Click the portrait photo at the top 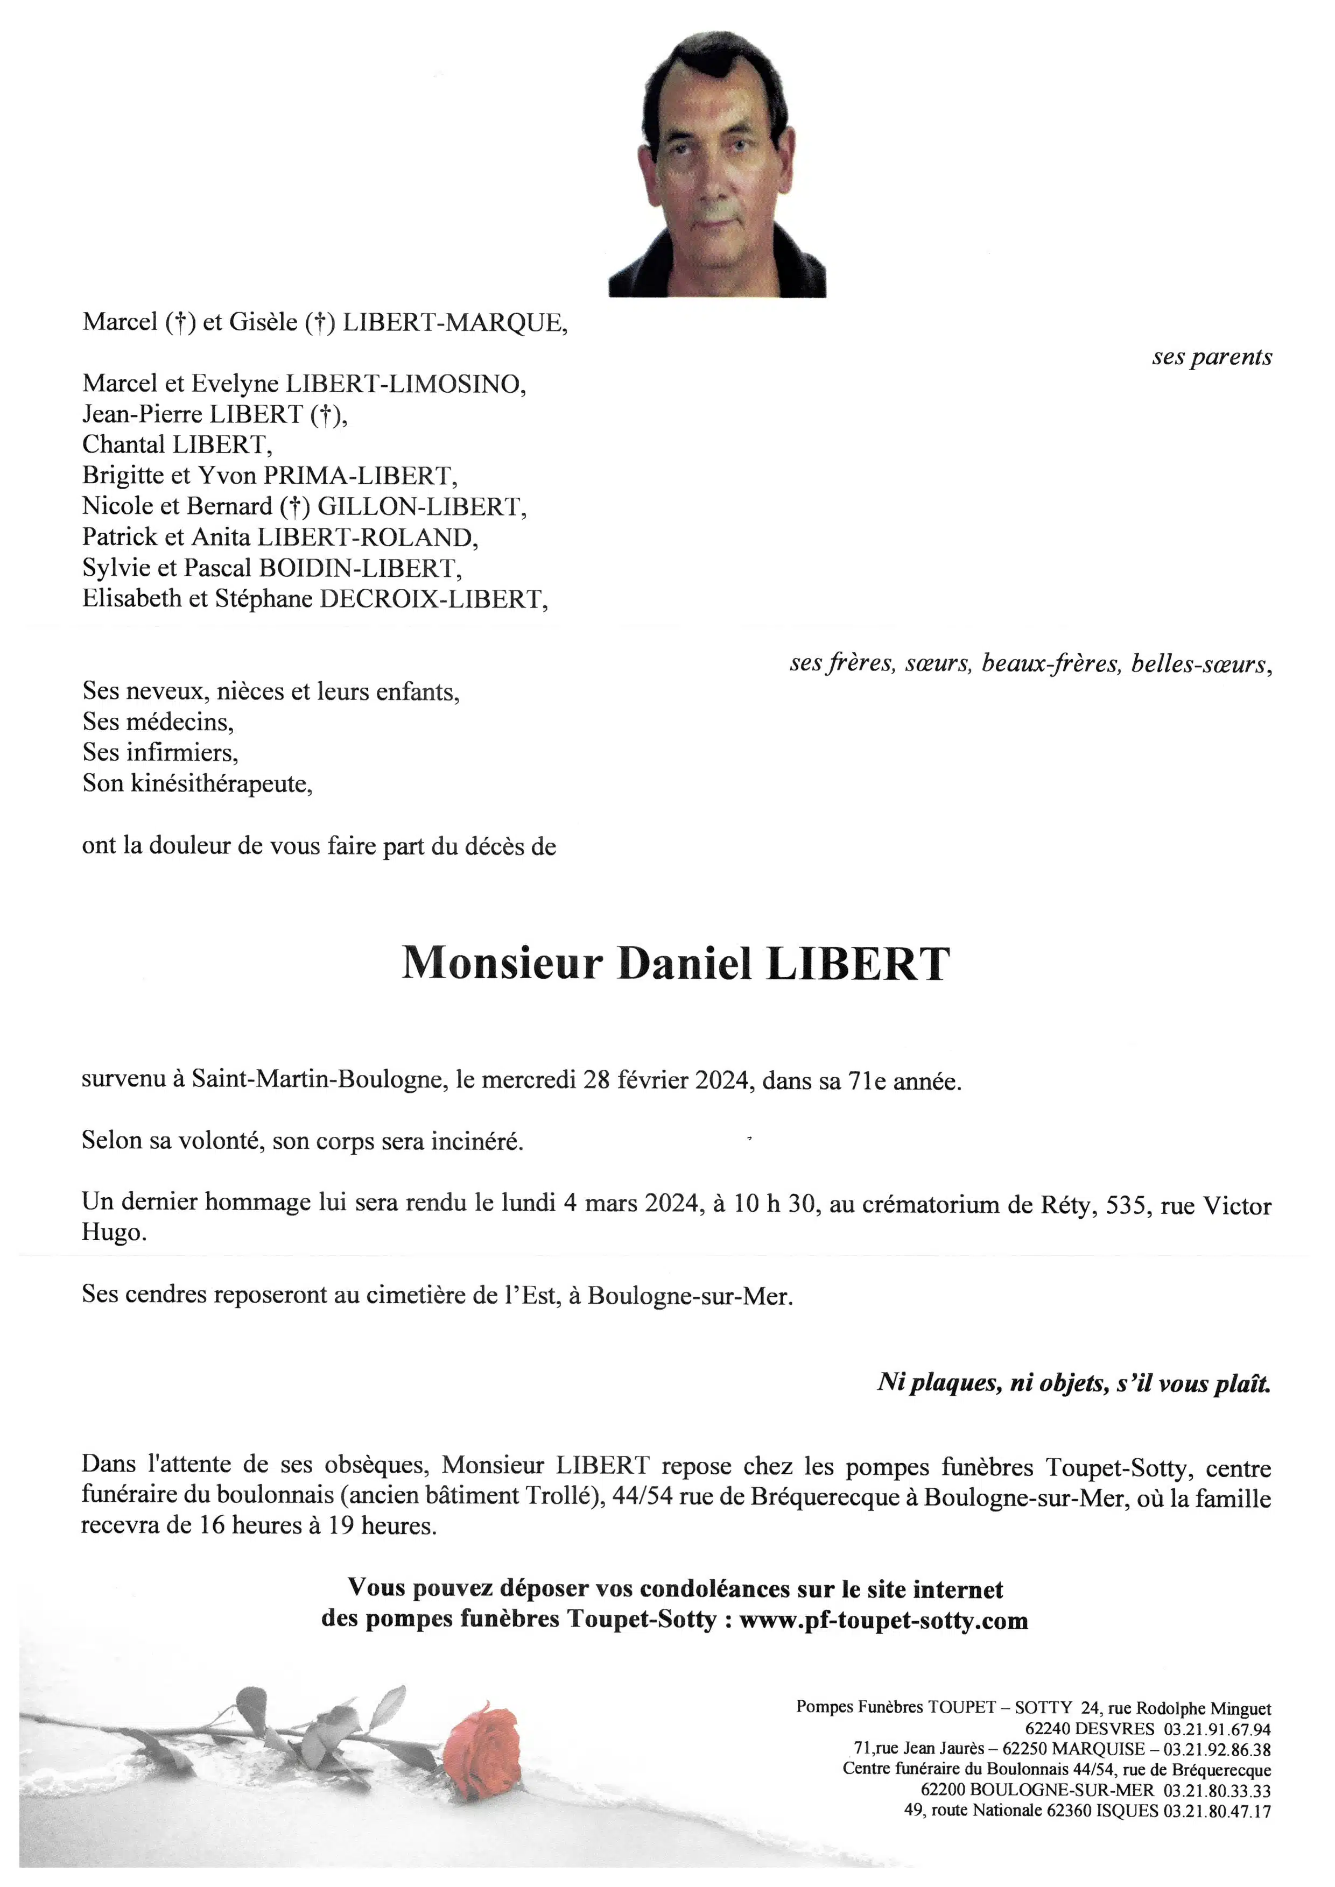(717, 164)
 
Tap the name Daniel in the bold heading (684, 964)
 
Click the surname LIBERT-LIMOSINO (404, 384)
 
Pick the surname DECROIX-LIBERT (432, 599)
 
